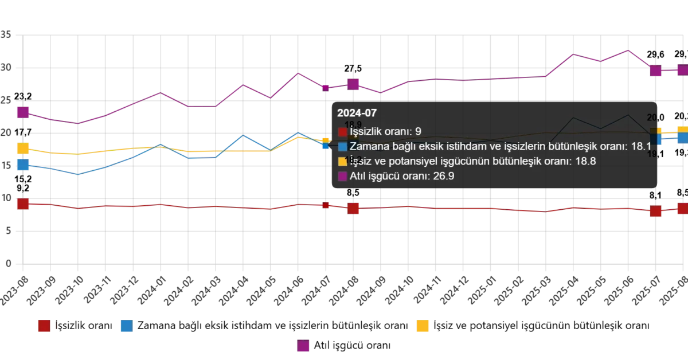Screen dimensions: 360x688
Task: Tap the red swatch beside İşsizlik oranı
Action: (x=343, y=131)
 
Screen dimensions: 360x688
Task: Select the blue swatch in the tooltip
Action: (x=343, y=146)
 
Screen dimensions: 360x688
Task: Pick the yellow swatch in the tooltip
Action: (x=343, y=161)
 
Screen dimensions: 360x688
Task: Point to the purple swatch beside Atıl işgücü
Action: (x=343, y=176)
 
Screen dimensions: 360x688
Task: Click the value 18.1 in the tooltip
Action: (x=640, y=147)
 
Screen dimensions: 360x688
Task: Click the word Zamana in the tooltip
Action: (x=368, y=147)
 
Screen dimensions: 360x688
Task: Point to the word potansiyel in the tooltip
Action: (x=402, y=162)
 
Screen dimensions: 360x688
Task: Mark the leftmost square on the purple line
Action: (x=23, y=112)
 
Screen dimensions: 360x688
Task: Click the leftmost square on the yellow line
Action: (x=23, y=148)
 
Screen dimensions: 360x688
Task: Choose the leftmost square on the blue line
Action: (x=23, y=165)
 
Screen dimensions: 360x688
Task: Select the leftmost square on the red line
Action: (x=23, y=204)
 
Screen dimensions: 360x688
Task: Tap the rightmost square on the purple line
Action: (x=682, y=70)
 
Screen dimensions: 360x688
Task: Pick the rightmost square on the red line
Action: (x=682, y=208)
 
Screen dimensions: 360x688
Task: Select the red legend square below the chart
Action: (x=45, y=326)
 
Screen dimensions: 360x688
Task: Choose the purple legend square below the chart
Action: (x=303, y=346)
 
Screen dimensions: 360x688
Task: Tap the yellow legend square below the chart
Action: (x=423, y=326)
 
